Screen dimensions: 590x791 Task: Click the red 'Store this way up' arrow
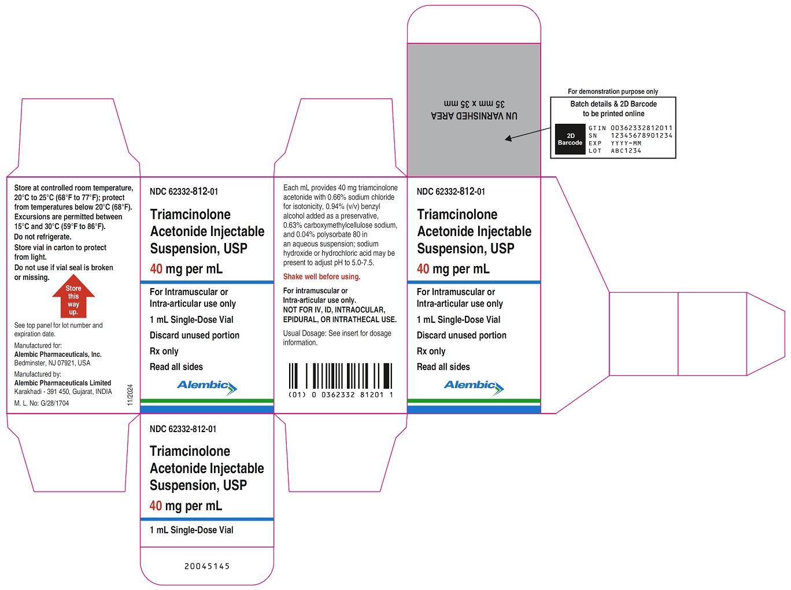73,298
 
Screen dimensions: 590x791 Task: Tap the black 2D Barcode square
570,139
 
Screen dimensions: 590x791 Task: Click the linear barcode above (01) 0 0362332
340,375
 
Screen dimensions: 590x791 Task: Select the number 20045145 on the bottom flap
207,566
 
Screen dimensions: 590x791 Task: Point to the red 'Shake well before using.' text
321,276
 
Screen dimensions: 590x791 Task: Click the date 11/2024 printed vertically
130,395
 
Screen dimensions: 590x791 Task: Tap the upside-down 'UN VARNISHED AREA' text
474,116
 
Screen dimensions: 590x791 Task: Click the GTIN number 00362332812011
641,128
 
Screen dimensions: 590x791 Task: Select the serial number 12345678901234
641,136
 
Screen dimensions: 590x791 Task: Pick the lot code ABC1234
626,151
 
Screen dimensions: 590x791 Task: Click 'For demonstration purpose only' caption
613,91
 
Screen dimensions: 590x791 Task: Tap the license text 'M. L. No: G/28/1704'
42,403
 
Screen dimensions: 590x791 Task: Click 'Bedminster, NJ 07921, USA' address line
52,363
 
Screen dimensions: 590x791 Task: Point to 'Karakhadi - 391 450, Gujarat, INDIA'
63,392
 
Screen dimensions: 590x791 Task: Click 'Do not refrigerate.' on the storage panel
43,237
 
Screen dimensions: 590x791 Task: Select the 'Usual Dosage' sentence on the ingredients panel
337,338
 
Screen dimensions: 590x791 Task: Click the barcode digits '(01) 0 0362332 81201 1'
341,395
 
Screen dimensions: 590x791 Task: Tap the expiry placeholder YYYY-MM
626,143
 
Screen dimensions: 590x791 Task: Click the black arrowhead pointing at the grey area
509,138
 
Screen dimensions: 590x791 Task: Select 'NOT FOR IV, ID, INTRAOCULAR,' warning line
334,309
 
